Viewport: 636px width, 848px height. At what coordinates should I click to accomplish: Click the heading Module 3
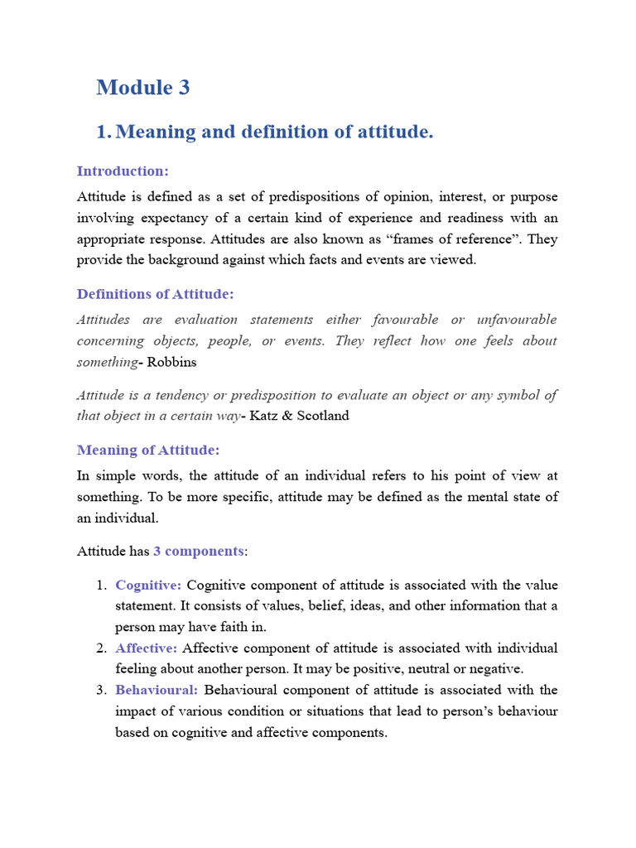pyautogui.click(x=142, y=87)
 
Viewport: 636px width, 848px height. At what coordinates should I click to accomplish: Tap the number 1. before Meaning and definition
pyautogui.click(x=103, y=132)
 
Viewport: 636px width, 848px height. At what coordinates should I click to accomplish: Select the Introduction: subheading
pyautogui.click(x=123, y=171)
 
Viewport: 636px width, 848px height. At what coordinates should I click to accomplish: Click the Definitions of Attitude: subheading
pyautogui.click(x=156, y=294)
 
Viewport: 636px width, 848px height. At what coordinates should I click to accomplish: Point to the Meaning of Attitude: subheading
pyautogui.click(x=148, y=450)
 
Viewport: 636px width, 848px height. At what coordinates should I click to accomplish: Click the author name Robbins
pyautogui.click(x=171, y=363)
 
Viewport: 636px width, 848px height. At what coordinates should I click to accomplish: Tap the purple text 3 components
pyautogui.click(x=199, y=551)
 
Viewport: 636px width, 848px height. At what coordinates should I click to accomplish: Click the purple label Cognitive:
pyautogui.click(x=148, y=585)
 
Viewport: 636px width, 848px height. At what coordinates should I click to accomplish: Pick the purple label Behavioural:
pyautogui.click(x=157, y=690)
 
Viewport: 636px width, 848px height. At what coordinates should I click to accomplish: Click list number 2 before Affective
pyautogui.click(x=101, y=648)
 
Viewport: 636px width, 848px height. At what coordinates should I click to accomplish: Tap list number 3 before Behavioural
pyautogui.click(x=101, y=690)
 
